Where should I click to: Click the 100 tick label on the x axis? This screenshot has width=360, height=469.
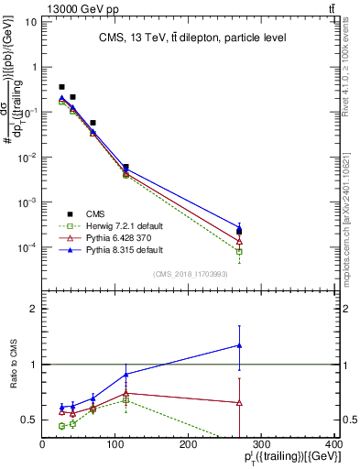[x=115, y=445]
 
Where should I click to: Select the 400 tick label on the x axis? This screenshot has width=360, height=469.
[x=333, y=445]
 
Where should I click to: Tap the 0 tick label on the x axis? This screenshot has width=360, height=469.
[x=42, y=445]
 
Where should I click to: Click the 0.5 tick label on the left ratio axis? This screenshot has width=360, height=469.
[x=27, y=420]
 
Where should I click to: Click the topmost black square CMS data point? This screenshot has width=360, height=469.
[x=61, y=87]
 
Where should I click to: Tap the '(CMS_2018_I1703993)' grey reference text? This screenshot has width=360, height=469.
[x=191, y=272]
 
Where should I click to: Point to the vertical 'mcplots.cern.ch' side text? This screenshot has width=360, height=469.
[x=352, y=211]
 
